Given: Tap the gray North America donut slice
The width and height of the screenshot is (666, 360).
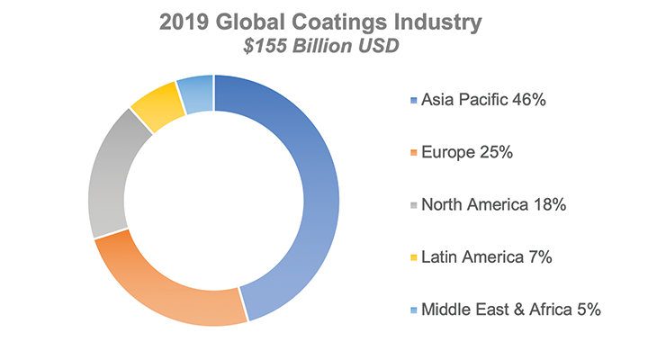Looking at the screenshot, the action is pyautogui.click(x=108, y=178).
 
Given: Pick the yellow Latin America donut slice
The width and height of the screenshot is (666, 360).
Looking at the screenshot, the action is pyautogui.click(x=158, y=106).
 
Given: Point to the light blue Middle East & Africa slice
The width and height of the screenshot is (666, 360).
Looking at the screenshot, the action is pyautogui.click(x=195, y=94).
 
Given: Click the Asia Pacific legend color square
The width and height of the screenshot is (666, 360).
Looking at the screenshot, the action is pyautogui.click(x=414, y=101).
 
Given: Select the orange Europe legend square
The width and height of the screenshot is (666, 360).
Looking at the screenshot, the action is pyautogui.click(x=414, y=153).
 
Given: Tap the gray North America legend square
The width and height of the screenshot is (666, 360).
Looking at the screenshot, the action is pyautogui.click(x=414, y=205).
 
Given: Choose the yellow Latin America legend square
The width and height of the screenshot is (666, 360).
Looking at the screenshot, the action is pyautogui.click(x=414, y=257).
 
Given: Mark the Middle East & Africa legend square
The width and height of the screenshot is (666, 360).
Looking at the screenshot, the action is pyautogui.click(x=414, y=310).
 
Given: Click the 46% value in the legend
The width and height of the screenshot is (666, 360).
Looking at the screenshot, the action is pyautogui.click(x=529, y=100).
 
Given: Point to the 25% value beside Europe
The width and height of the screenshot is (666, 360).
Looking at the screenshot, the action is pyautogui.click(x=496, y=152).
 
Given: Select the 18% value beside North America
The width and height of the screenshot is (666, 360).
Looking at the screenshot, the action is pyautogui.click(x=550, y=204).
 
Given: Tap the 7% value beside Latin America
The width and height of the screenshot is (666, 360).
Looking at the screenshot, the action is pyautogui.click(x=540, y=256).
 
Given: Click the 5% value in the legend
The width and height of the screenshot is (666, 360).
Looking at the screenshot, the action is pyautogui.click(x=589, y=310).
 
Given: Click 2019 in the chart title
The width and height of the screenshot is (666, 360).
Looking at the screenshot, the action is pyautogui.click(x=184, y=22).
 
